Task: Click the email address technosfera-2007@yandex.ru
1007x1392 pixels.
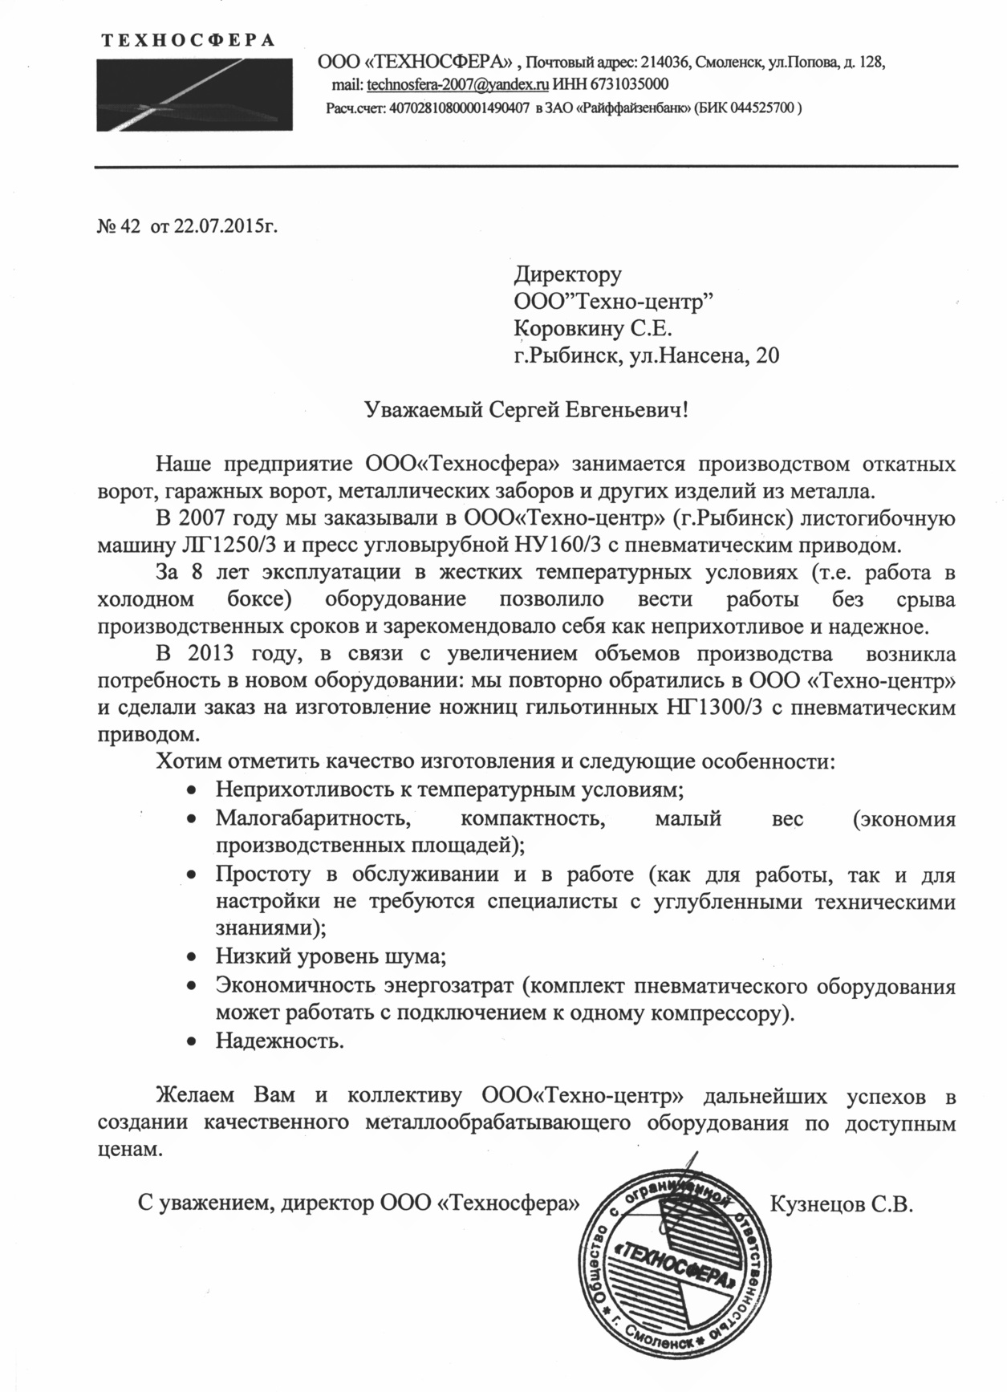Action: pos(457,84)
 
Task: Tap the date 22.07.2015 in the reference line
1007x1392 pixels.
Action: pos(218,227)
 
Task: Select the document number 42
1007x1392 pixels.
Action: pos(129,227)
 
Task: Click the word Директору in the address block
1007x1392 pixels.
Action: pos(567,274)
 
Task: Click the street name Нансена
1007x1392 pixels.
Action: pos(705,355)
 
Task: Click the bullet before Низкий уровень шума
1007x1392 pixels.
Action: pos(191,957)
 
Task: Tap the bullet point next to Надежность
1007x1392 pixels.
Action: pos(191,1041)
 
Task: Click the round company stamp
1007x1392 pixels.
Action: pos(675,1269)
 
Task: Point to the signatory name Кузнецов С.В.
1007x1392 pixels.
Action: pos(842,1204)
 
